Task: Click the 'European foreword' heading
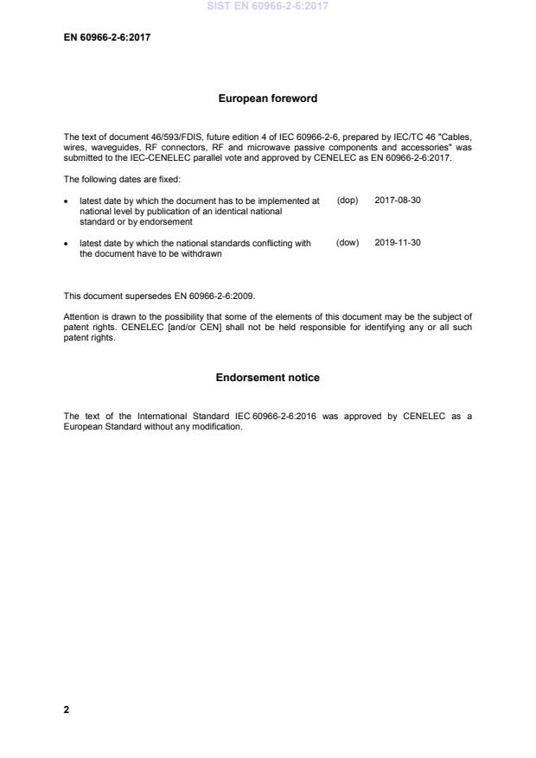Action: pos(268,99)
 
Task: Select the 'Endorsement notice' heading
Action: pos(268,378)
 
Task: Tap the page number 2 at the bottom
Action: pos(67,710)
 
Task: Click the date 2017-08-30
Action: pos(398,201)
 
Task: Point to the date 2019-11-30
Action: pos(398,243)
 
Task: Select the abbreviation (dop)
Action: pos(347,201)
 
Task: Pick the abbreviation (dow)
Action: pos(347,243)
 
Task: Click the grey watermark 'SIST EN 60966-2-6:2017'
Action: pos(268,7)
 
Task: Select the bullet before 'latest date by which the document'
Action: pos(67,201)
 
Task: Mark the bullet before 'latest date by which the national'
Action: pos(67,244)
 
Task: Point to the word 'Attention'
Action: pos(82,315)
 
